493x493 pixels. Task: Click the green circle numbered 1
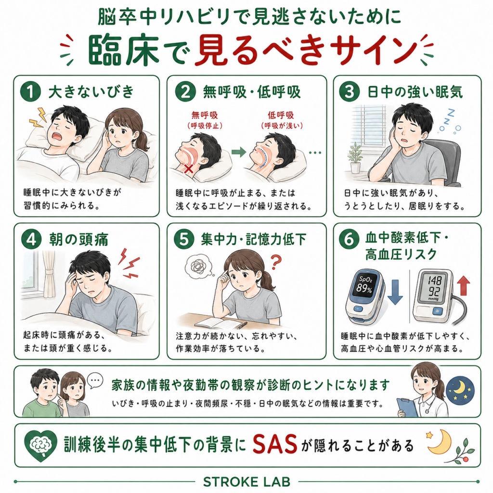pos(30,91)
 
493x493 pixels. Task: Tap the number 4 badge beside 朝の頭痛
pos(31,239)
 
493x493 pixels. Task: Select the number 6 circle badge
pos(349,239)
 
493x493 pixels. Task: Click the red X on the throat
pos(189,169)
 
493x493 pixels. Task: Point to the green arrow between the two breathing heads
pos(239,152)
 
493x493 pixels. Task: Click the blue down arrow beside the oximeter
pos(395,292)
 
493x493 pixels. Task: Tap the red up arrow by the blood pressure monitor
pos(463,286)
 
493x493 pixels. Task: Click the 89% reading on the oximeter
pos(364,288)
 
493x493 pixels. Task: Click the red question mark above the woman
pos(276,262)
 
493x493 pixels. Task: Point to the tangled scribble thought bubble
pos(199,266)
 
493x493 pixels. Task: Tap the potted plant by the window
pos(355,157)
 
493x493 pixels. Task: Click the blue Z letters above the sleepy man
pos(449,120)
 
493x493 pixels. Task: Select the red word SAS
pos(275,444)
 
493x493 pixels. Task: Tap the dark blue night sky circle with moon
pos(460,390)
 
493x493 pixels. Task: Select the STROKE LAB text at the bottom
pos(247,481)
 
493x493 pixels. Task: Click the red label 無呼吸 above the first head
pos(205,116)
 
